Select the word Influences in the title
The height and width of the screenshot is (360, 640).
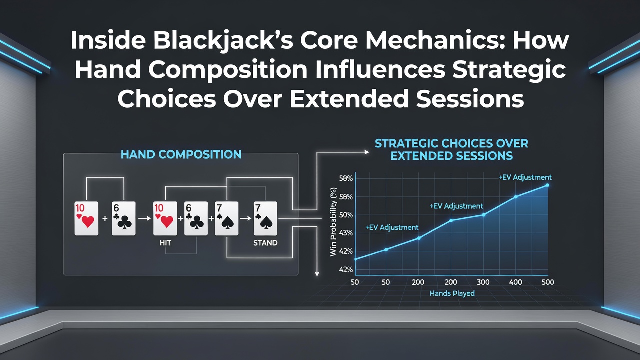380,70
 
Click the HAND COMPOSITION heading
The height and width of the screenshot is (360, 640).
181,154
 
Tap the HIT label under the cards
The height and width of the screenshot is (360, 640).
165,243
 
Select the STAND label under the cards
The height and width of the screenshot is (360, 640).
265,243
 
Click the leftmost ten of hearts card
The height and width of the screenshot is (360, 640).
86,219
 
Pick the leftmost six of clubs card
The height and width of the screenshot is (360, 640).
123,219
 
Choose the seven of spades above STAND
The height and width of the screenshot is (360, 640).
265,219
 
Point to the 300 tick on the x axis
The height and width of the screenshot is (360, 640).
483,282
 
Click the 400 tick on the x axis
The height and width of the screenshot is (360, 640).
516,282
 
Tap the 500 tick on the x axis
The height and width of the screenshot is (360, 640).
548,282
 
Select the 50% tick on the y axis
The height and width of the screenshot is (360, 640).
346,215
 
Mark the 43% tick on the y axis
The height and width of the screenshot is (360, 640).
346,233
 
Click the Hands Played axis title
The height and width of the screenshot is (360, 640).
452,293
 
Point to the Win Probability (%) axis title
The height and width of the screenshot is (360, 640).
333,222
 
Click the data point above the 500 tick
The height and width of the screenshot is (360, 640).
547,185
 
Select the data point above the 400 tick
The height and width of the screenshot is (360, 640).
516,197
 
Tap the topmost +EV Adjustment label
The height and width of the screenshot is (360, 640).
525,177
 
